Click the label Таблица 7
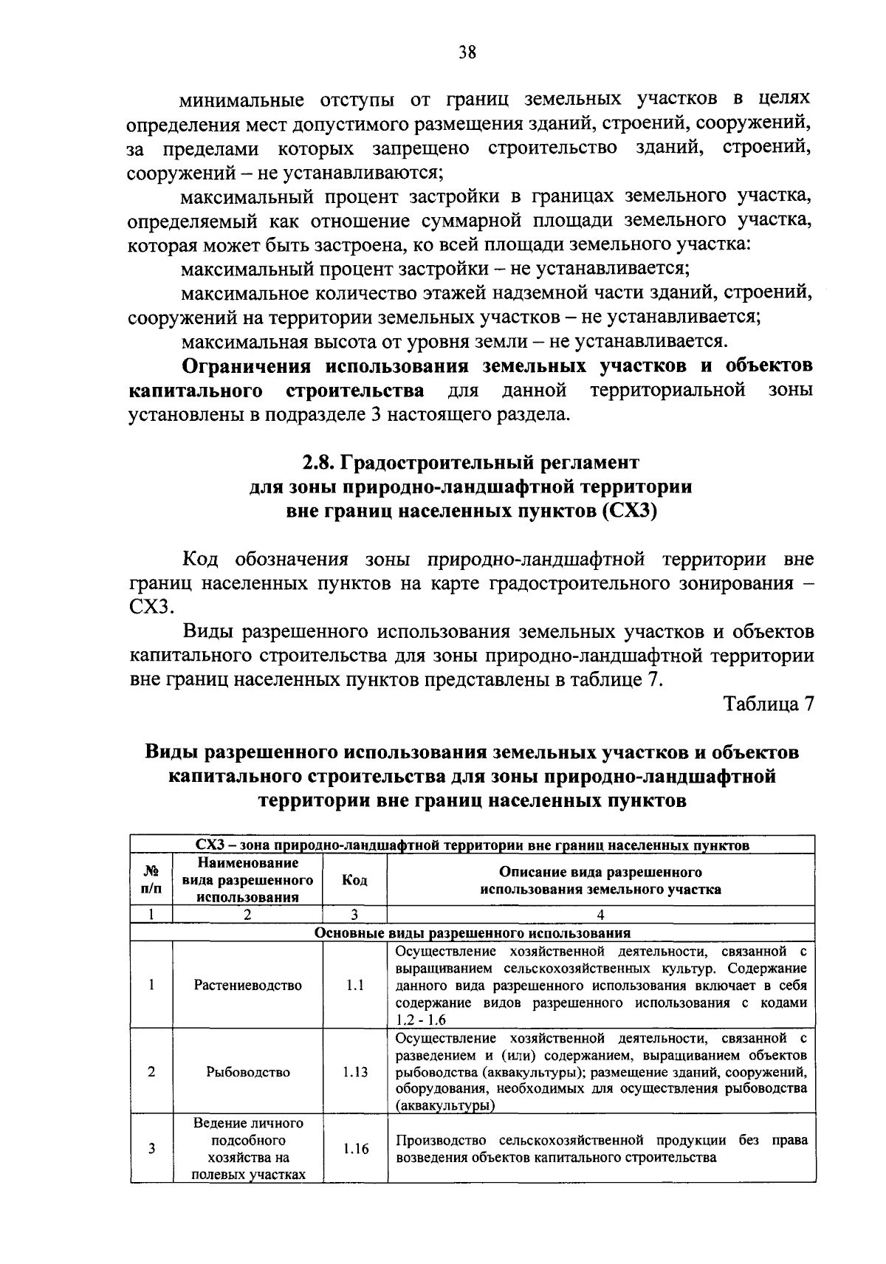click(768, 704)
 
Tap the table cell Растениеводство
click(248, 986)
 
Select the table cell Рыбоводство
click(248, 1072)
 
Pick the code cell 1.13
click(355, 1072)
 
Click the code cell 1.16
click(355, 1149)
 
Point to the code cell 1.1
click(355, 986)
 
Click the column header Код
click(355, 880)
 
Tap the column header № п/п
click(151, 880)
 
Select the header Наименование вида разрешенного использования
click(248, 880)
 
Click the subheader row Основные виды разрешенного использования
click(473, 932)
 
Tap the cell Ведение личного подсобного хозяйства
click(248, 1149)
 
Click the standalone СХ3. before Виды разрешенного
click(150, 607)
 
